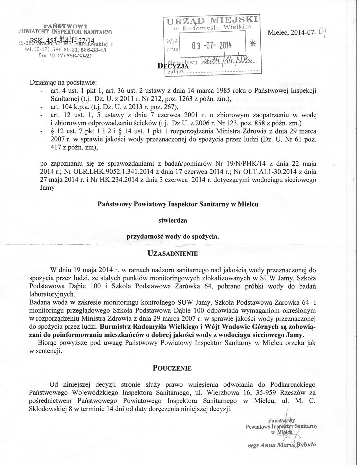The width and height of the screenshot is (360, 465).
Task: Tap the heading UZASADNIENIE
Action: coord(173,253)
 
